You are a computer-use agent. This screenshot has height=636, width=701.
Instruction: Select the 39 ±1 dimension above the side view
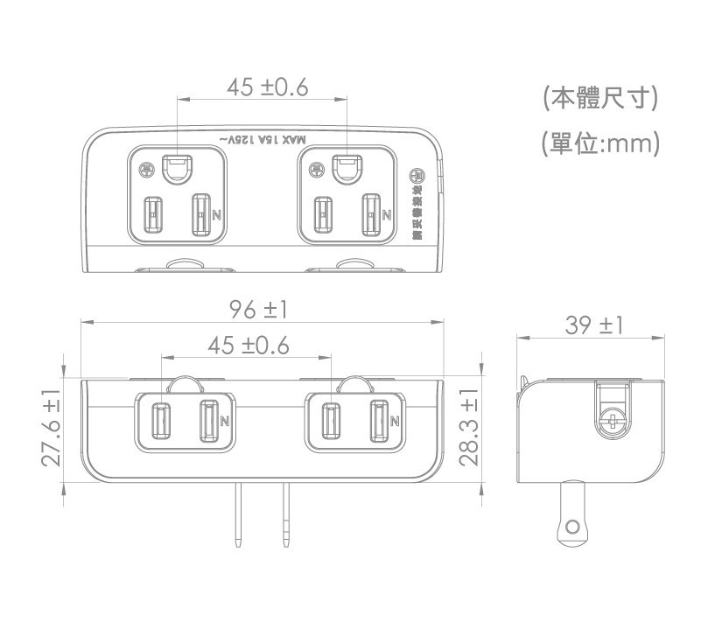pos(594,325)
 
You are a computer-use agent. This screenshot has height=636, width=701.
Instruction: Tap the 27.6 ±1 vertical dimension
pos(51,428)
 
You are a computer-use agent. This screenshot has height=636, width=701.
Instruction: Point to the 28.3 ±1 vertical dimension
pos(469,428)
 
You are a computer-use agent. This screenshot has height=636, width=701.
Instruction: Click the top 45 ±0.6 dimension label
pos(267,87)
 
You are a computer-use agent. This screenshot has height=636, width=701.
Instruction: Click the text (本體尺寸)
pos(599,98)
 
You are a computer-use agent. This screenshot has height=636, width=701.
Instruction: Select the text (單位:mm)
pos(599,142)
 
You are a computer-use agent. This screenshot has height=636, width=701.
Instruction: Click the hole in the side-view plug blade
pos(573,527)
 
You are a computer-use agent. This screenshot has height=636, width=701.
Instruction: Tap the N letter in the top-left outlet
pos(215,213)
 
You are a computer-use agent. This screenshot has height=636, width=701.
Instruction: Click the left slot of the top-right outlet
pos(325,213)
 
